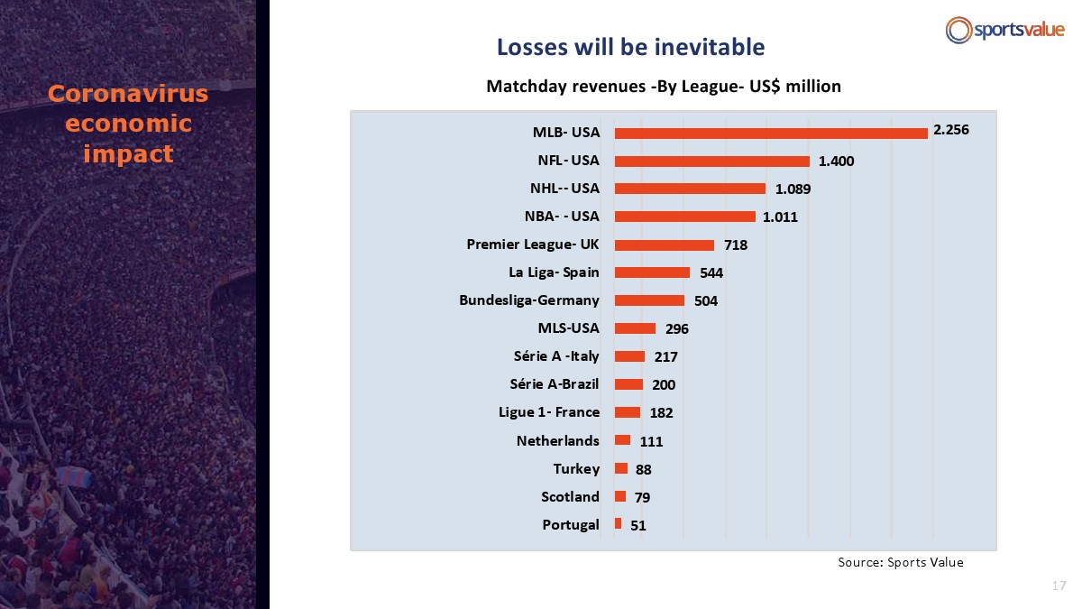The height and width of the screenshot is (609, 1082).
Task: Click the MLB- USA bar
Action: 771,134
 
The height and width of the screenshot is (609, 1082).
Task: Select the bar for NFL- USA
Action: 712,161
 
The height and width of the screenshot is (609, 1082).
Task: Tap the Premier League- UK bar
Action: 665,245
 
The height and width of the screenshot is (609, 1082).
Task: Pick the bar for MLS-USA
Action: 635,328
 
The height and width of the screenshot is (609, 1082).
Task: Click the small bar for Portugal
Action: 618,523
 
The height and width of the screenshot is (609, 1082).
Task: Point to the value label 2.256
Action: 951,130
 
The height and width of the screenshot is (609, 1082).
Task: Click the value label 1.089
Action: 793,189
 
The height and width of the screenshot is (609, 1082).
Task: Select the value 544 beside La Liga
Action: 711,273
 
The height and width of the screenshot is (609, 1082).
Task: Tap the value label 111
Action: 651,441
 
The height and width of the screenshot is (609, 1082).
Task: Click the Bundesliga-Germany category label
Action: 529,300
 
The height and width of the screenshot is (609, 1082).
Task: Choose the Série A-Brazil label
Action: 554,384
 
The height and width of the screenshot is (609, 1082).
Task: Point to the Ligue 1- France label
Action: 549,412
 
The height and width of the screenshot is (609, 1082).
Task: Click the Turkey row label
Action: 576,469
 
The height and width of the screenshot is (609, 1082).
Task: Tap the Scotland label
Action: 570,497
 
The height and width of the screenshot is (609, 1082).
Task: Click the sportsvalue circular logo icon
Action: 958,30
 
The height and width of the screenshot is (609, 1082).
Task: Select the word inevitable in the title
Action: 710,47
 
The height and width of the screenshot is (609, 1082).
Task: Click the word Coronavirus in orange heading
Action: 128,93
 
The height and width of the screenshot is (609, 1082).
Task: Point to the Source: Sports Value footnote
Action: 901,562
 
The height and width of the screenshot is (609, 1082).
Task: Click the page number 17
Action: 1059,586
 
